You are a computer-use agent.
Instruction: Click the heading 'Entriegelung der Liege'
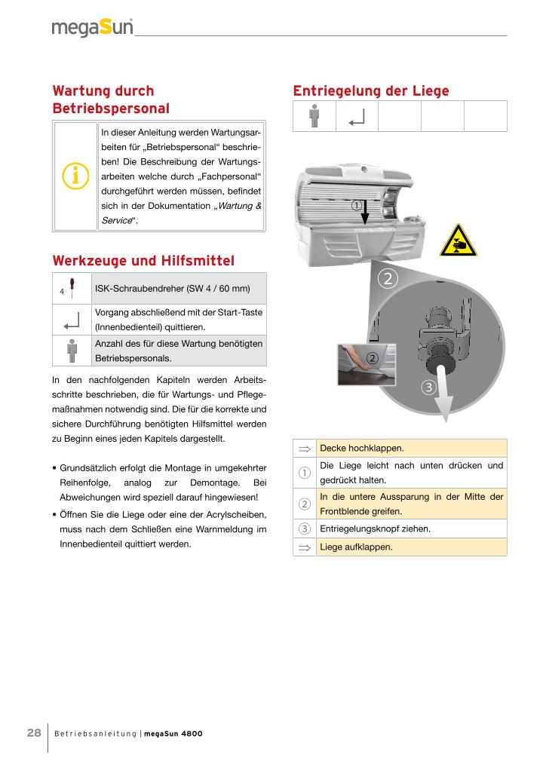pyautogui.click(x=370, y=91)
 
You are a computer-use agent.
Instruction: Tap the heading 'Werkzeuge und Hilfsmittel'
pyautogui.click(x=143, y=261)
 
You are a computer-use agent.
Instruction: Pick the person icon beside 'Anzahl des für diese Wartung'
pyautogui.click(x=72, y=351)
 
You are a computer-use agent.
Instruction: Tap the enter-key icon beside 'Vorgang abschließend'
pyautogui.click(x=72, y=320)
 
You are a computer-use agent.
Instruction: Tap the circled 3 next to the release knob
pyautogui.click(x=428, y=388)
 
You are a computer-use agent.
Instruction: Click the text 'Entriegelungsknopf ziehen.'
pyautogui.click(x=376, y=528)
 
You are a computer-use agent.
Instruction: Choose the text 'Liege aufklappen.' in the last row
pyautogui.click(x=356, y=547)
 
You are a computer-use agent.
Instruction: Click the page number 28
pyautogui.click(x=34, y=733)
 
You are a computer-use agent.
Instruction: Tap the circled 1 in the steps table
pyautogui.click(x=305, y=473)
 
